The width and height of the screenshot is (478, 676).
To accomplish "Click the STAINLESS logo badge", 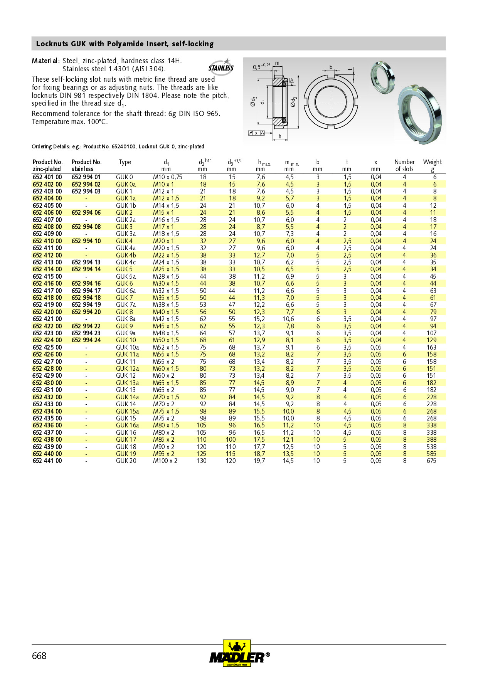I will (221, 68).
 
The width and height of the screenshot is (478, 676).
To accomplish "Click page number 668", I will (39, 656).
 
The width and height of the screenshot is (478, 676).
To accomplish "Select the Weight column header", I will (432, 165).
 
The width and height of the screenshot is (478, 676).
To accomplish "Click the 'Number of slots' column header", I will (404, 165).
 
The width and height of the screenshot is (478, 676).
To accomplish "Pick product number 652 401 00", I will (47, 177).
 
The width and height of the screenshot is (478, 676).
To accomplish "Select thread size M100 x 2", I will (165, 461).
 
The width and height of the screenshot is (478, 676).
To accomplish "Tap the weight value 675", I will (431, 461).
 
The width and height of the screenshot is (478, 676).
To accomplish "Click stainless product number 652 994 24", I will (86, 340).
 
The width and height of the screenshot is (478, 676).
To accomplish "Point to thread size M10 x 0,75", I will (167, 177).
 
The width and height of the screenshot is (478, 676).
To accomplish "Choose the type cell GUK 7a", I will (126, 305).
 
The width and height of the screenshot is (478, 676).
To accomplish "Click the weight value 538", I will (431, 447).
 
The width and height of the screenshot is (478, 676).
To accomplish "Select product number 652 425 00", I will (47, 347).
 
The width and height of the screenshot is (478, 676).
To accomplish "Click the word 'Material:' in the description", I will (45, 61).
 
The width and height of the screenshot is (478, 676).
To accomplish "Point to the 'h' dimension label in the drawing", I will (280, 136).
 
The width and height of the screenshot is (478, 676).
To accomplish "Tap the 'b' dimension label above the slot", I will (331, 67).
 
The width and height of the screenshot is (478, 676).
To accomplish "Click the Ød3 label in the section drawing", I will (253, 101).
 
